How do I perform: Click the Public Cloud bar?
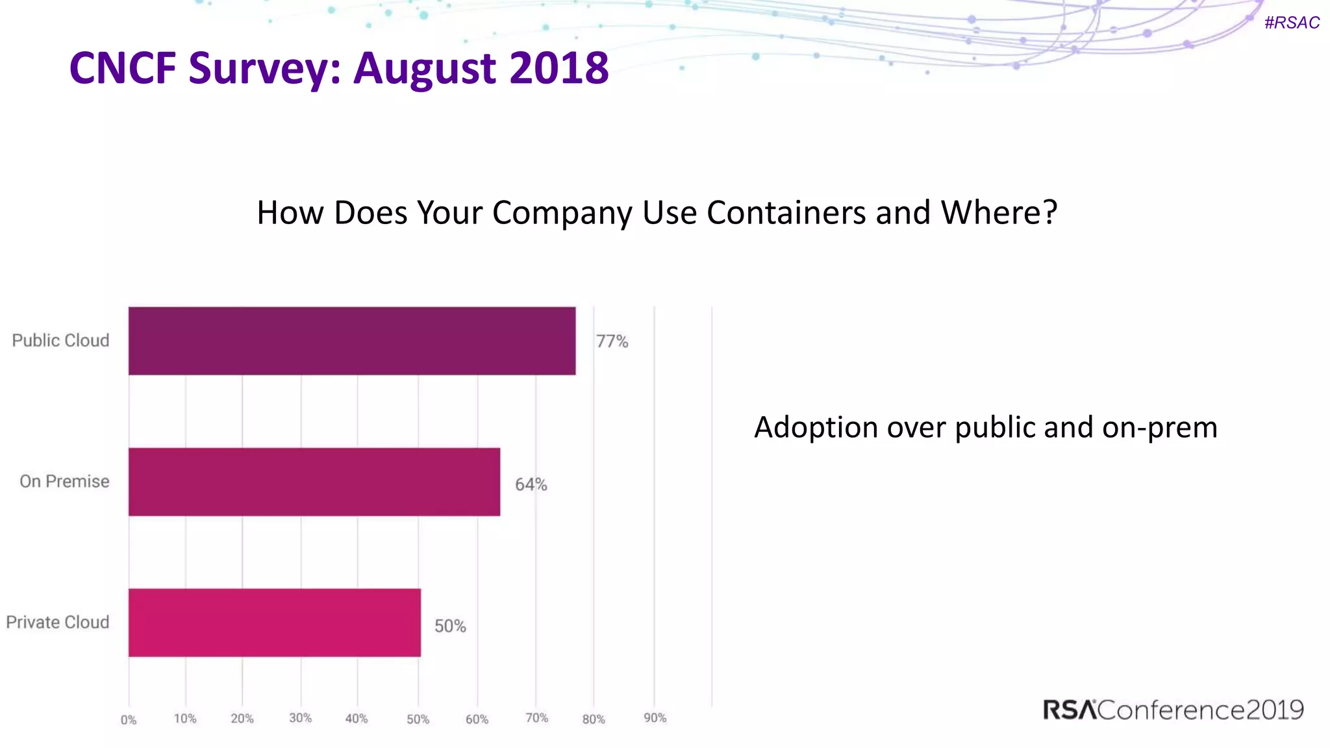351,341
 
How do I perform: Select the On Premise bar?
314,482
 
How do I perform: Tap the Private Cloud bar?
275,623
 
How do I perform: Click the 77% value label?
612,342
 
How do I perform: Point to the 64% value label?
531,484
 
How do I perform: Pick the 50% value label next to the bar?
450,626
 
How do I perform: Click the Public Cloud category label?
60,341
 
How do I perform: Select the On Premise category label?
64,482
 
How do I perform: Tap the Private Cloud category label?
57,623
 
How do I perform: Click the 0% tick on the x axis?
129,720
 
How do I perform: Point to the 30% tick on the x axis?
300,718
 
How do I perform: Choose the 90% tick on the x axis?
655,718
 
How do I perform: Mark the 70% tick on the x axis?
536,718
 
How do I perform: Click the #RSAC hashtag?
1292,23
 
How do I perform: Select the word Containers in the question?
786,213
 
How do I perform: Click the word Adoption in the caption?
816,428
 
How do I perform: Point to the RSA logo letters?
1070,710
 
